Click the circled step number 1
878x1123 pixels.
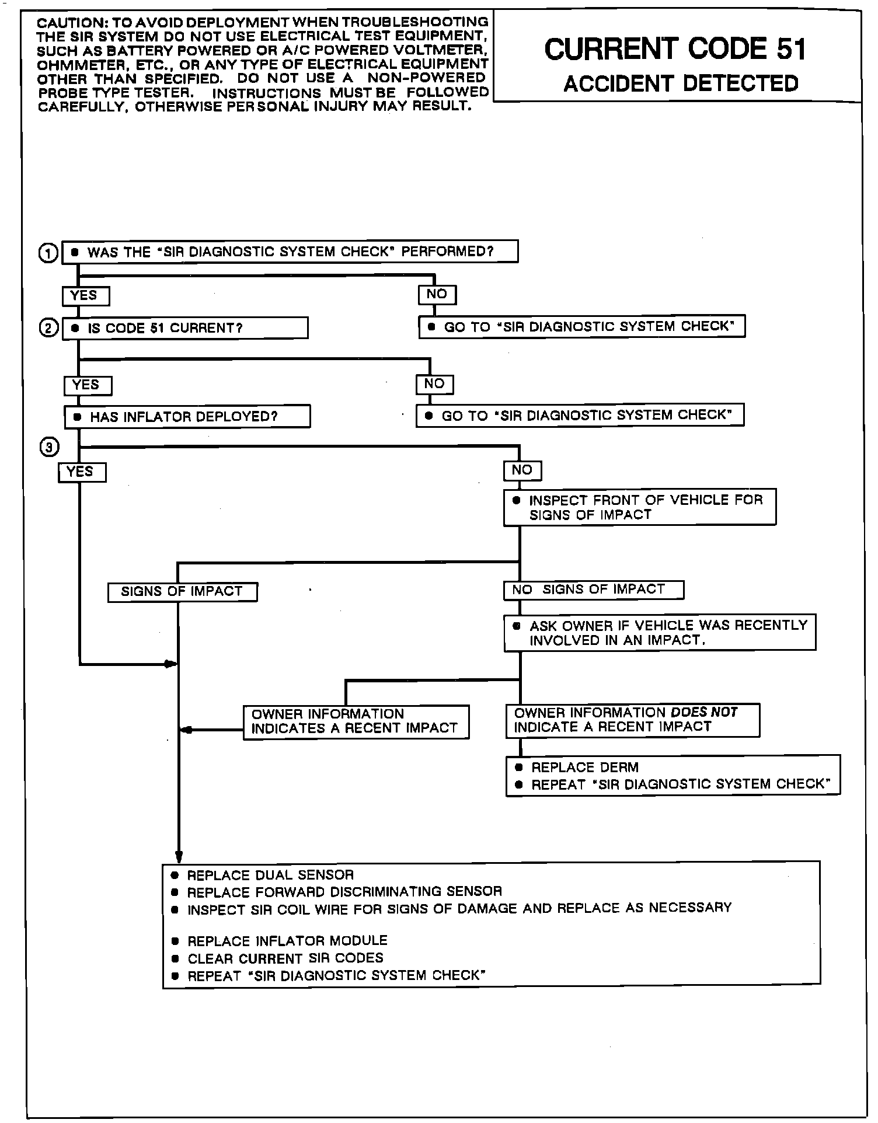(x=48, y=253)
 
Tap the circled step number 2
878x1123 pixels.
(x=48, y=329)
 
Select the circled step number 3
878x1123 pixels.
(x=49, y=448)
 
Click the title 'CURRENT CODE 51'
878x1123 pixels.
(x=675, y=49)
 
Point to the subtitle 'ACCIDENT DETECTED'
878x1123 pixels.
(x=681, y=83)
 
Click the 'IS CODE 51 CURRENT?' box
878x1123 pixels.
(x=185, y=328)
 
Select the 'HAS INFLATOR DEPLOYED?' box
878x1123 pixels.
(x=187, y=417)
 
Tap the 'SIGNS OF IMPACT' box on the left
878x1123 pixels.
(x=182, y=592)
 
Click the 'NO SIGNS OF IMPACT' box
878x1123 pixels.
(x=593, y=590)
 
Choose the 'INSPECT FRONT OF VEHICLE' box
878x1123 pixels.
(x=640, y=507)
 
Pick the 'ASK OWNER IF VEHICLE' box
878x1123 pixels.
(x=660, y=633)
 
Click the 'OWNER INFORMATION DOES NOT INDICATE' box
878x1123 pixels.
(x=633, y=720)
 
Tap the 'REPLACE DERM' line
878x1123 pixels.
(x=584, y=768)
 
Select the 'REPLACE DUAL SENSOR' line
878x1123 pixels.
(x=270, y=875)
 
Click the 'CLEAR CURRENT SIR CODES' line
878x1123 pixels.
(x=285, y=958)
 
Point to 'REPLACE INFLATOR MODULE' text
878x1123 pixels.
(x=287, y=941)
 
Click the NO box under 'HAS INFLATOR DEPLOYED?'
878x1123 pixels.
(x=522, y=470)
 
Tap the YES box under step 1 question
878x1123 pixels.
(x=85, y=296)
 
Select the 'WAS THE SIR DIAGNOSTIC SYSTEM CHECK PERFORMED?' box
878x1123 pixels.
(x=290, y=252)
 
